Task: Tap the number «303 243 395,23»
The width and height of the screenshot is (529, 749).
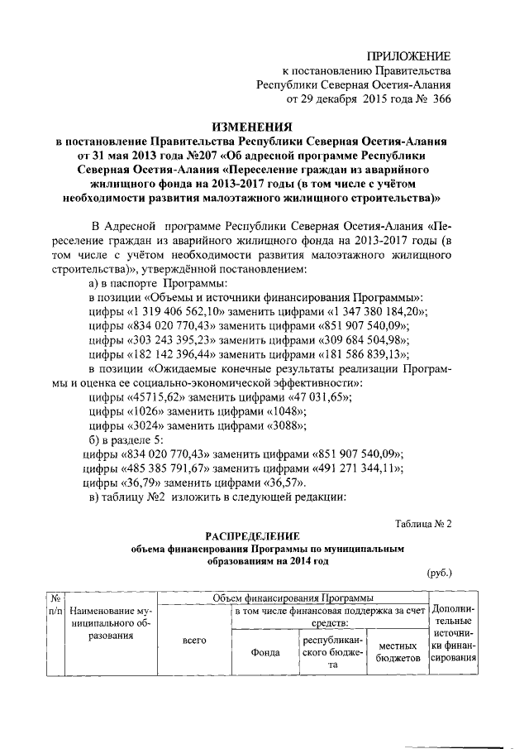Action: (171, 339)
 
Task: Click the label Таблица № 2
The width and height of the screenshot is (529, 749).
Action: (422, 522)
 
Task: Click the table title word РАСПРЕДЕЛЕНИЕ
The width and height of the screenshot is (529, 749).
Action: (251, 535)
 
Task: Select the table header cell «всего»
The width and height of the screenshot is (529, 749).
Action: (193, 641)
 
